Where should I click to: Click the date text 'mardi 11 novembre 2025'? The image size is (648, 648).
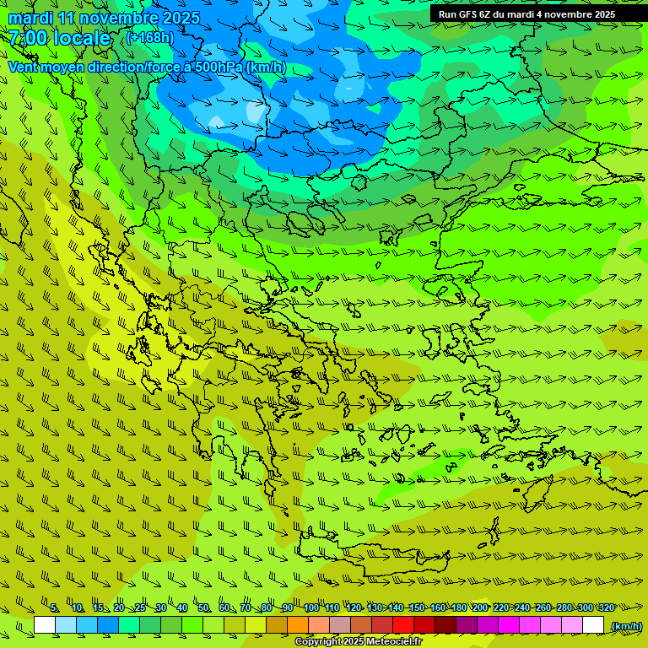coord(104,18)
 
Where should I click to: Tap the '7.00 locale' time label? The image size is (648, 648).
coord(60,38)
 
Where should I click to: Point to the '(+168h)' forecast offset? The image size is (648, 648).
coord(150,38)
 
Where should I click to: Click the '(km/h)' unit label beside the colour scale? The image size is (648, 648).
coord(625,626)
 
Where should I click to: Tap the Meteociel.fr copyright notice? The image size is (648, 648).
coord(358,642)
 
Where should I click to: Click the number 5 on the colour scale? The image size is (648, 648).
coord(55,608)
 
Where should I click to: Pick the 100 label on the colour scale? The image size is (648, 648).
coord(311,608)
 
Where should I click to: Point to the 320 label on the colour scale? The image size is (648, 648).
coord(606,608)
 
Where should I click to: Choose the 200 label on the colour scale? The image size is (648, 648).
coord(479,608)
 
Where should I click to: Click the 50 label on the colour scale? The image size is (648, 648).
coord(203,608)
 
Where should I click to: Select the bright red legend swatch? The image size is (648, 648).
coord(403,625)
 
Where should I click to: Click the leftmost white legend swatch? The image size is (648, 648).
coord(45,625)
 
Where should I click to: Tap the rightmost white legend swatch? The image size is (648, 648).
coord(593,625)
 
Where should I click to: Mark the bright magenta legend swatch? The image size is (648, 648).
coord(509,625)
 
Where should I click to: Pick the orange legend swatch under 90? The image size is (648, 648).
coord(298,625)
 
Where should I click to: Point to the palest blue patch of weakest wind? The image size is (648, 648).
coord(255,111)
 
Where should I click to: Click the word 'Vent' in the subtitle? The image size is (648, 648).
coord(24,67)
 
